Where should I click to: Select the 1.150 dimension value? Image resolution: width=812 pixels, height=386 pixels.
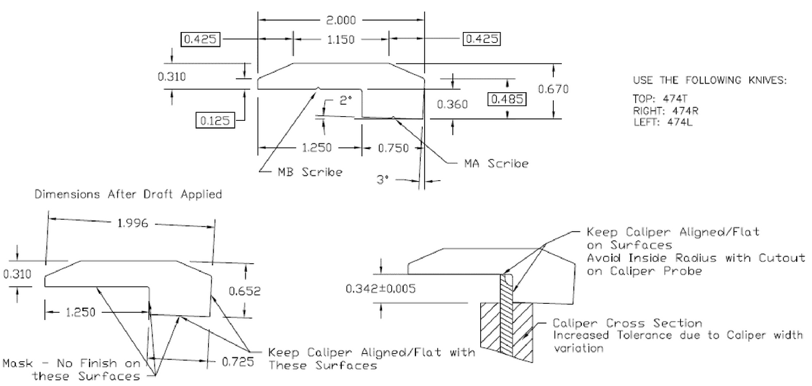tap(341, 39)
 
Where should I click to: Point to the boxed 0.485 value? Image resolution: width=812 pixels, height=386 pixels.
tap(506, 100)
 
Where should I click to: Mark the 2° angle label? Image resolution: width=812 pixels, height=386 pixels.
tap(345, 100)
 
